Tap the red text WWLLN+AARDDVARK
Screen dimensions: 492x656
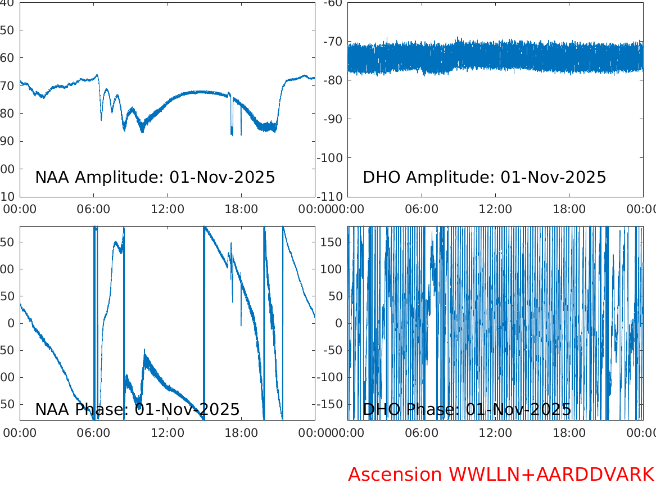(551, 475)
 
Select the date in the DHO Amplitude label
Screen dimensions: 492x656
(553, 177)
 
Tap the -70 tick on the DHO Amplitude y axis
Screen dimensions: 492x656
(332, 42)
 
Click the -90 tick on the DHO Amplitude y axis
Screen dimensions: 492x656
(332, 119)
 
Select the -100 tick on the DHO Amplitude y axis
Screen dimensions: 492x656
(329, 157)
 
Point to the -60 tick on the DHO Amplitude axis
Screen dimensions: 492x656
(332, 3)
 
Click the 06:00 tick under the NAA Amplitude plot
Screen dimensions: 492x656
(94, 209)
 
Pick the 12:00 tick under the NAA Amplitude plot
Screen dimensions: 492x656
(168, 209)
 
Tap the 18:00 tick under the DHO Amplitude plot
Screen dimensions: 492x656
(569, 209)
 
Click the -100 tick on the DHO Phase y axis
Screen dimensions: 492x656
(329, 377)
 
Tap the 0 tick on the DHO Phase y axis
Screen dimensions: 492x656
(339, 323)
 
